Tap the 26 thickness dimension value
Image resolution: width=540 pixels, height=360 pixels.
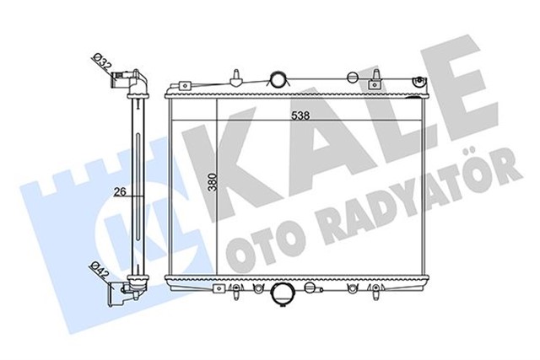point(120,191)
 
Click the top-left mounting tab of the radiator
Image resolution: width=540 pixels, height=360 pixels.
point(180,85)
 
